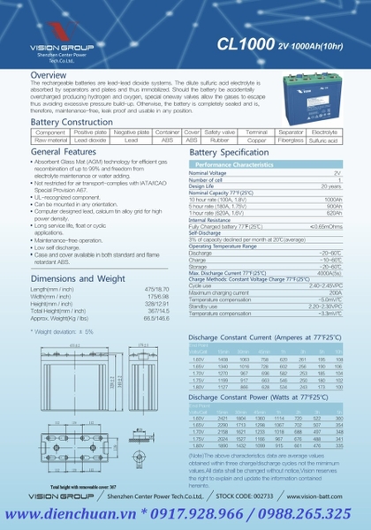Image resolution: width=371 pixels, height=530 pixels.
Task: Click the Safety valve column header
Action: point(219,132)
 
